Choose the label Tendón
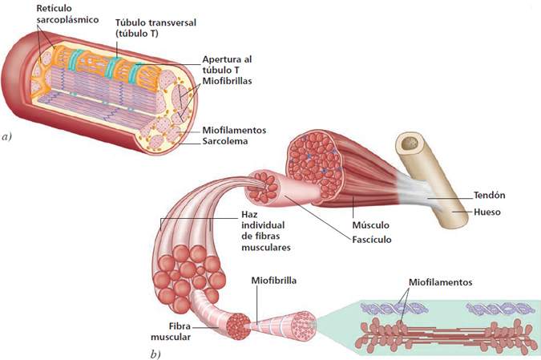pos(490,195)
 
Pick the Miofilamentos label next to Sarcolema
pos(234,129)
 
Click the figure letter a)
pos(8,137)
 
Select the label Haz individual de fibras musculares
pos(264,231)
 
